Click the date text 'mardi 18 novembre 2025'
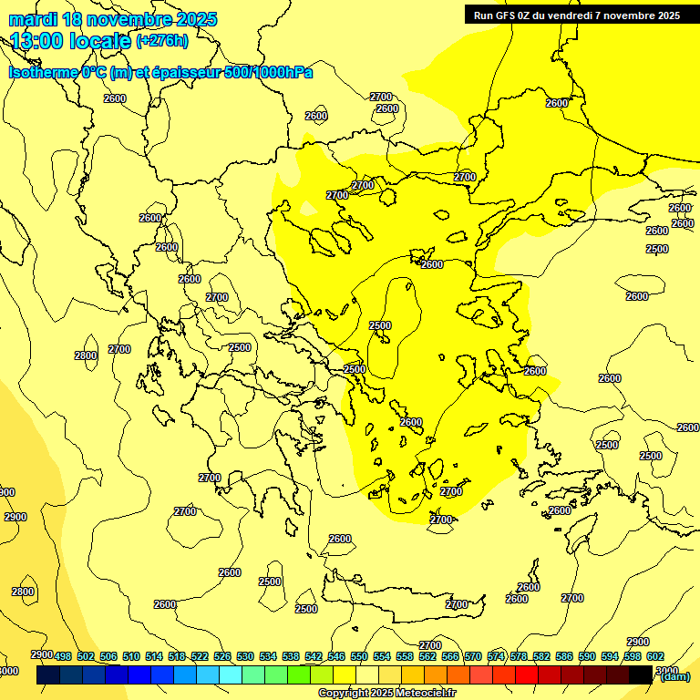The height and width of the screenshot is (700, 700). tap(113, 19)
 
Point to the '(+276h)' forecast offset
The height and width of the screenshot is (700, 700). tap(162, 40)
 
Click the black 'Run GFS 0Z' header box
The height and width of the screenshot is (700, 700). tap(577, 15)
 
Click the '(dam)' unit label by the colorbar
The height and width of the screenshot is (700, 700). tap(674, 676)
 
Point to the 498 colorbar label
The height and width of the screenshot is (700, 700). tap(63, 656)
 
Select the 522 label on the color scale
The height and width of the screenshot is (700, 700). tap(200, 656)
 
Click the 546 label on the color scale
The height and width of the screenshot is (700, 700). tap(336, 656)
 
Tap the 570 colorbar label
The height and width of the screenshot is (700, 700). tap(473, 656)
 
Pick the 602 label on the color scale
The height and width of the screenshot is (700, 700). tap(655, 656)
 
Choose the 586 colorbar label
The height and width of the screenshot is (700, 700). tap(564, 656)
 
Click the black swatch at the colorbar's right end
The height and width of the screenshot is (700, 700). tap(642, 674)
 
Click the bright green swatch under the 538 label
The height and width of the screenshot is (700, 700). tap(300, 674)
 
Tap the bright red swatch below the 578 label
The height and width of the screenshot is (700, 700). tap(528, 674)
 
